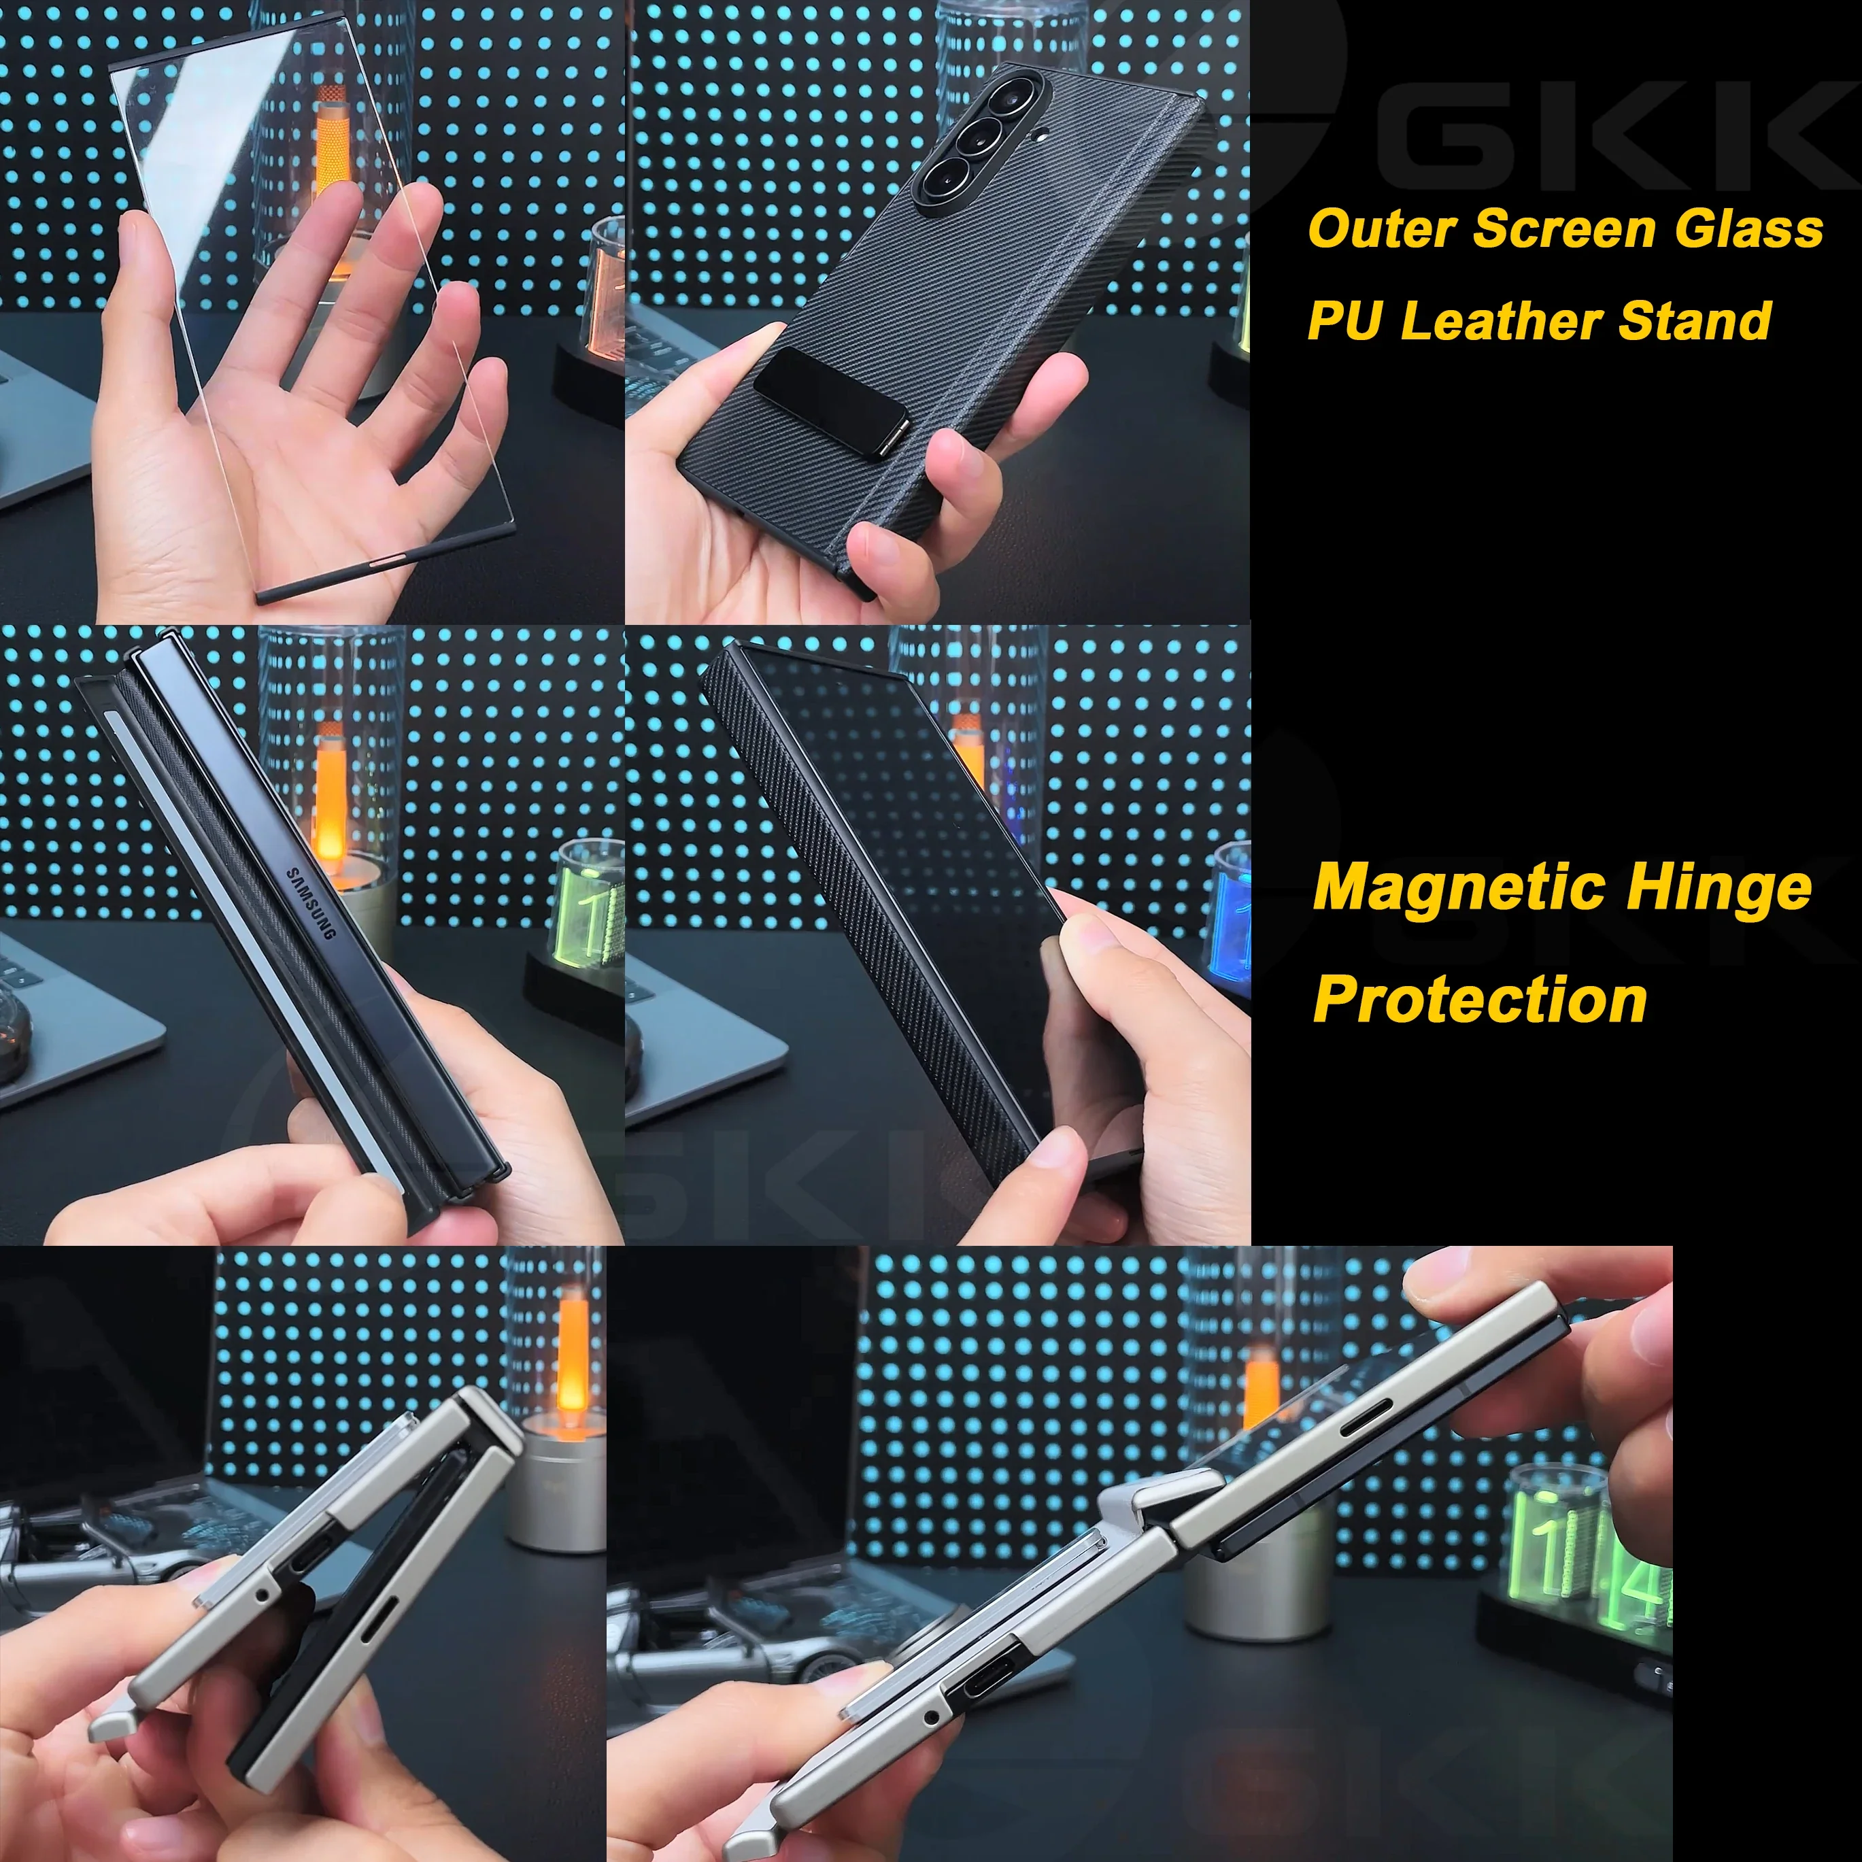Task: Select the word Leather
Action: [x=1504, y=321]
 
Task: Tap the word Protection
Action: [x=1479, y=1000]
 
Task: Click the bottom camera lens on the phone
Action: [x=940, y=177]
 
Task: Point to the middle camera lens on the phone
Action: [x=975, y=137]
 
